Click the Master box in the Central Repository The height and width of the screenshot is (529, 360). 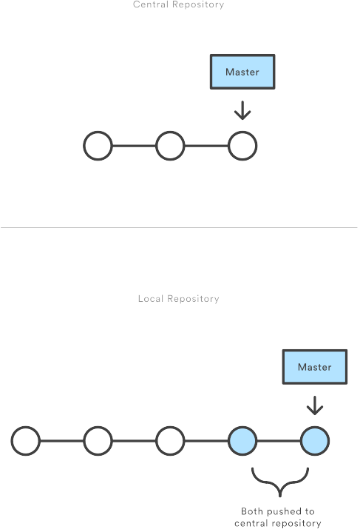pos(242,72)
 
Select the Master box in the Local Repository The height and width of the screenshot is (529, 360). pos(315,367)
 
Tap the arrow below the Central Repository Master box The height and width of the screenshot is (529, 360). pos(242,110)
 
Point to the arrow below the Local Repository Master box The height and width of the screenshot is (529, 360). pos(315,405)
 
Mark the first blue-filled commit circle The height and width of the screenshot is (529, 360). pos(242,441)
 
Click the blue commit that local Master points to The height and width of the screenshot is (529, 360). pos(315,441)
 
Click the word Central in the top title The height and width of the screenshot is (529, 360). pos(150,4)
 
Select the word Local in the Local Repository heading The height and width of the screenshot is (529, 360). pos(151,299)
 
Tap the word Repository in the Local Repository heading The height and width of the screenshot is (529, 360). pos(193,299)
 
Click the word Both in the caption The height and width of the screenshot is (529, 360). pos(252,511)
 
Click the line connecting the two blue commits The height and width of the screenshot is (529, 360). pos(279,441)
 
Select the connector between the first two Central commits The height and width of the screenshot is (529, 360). pos(134,146)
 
